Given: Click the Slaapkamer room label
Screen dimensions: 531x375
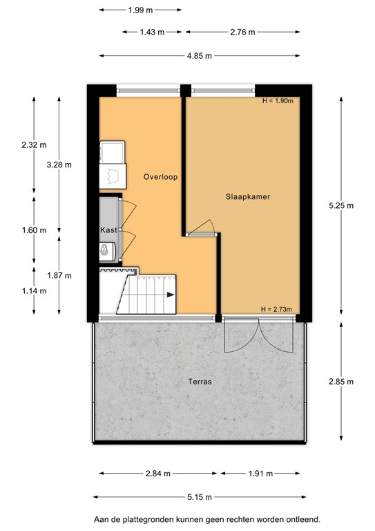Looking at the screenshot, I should point(247,196).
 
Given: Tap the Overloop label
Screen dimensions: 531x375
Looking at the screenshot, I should point(160,177).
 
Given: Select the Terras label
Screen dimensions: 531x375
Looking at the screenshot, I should point(199,381).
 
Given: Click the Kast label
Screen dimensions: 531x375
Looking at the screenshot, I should point(107,229).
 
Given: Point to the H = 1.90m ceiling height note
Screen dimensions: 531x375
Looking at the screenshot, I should point(278,101).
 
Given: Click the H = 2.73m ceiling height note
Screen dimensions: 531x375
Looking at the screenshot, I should point(277,308).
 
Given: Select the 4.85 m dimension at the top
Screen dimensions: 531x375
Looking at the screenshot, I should point(199,56).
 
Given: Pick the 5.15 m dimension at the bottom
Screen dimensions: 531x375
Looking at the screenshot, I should point(199,497).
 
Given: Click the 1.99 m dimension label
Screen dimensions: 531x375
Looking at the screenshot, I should point(141,10).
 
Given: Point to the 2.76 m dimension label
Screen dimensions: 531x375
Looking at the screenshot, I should point(242,32).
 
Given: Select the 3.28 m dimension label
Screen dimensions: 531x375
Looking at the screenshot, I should point(59,165).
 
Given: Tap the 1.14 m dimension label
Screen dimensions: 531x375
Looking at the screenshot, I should point(34,290).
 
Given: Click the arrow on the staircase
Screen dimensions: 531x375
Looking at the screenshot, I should point(169,295).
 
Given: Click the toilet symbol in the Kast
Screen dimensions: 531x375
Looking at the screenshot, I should point(106,250).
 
